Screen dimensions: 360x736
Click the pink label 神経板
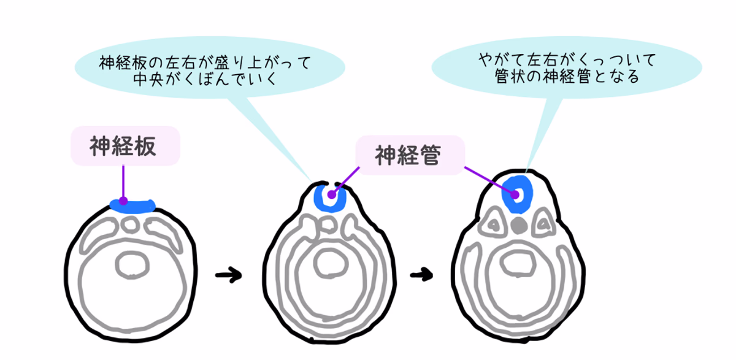coord(125,146)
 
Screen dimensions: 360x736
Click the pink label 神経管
coord(408,155)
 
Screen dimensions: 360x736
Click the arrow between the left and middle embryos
coord(228,275)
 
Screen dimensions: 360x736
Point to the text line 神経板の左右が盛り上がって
coord(205,63)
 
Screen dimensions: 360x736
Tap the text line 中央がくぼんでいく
coord(205,80)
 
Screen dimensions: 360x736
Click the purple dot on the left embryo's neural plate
coord(123,201)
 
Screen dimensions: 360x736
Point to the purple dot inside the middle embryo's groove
coord(332,196)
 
